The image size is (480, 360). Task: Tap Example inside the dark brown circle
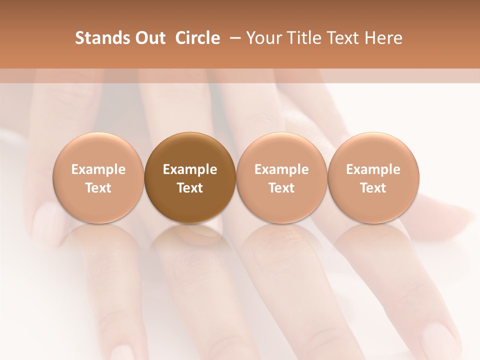coord(190,169)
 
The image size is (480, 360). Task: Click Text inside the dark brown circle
coord(190,188)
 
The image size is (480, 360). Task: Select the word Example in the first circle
coord(98,169)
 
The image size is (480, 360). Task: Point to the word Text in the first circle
coord(98,188)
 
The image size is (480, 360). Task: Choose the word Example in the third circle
coord(281,169)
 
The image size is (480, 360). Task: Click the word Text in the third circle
coord(281,188)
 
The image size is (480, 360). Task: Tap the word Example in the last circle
coord(373,169)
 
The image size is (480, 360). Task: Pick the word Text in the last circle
coord(373,188)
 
